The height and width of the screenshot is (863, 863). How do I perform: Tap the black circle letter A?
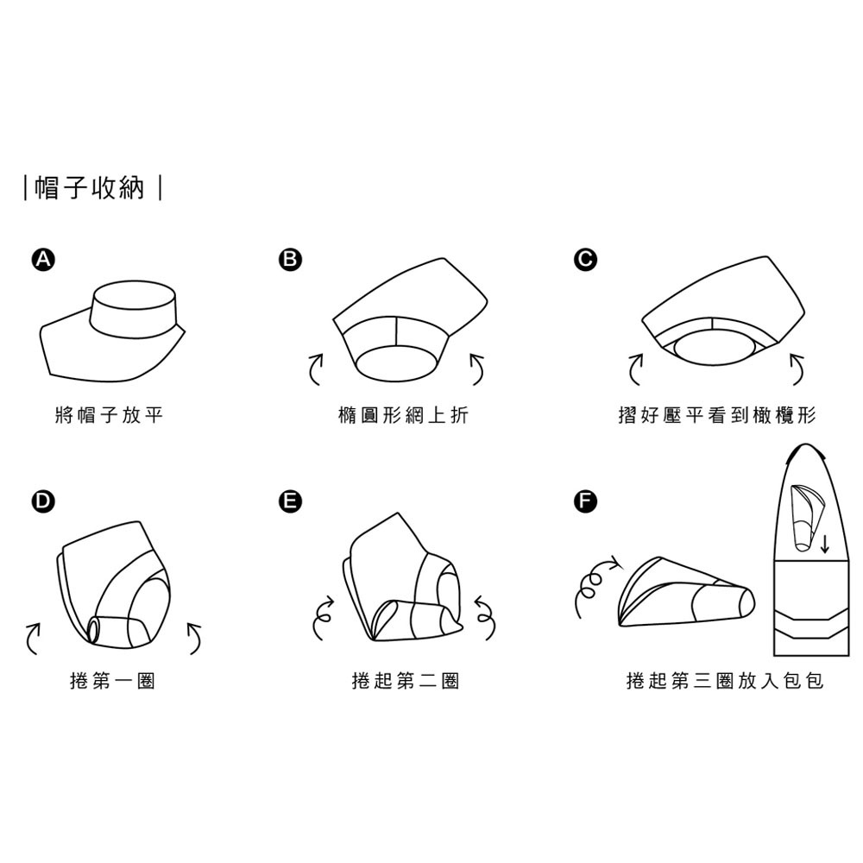click(x=41, y=259)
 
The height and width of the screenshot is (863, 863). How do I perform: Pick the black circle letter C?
click(x=586, y=259)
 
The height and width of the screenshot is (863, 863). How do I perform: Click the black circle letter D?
click(x=41, y=501)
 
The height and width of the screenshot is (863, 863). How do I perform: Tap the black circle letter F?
click(x=586, y=501)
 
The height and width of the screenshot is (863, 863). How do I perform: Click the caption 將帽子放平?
click(x=108, y=416)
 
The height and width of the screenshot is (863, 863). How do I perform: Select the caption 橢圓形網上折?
click(x=404, y=416)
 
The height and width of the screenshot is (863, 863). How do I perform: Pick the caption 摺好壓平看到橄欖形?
click(x=716, y=416)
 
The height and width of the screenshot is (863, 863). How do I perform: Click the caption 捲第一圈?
click(x=112, y=682)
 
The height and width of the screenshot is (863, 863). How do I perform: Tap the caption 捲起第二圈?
click(x=406, y=682)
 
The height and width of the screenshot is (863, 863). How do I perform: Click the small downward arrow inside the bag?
click(x=825, y=544)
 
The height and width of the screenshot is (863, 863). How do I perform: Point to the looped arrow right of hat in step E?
click(x=484, y=614)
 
